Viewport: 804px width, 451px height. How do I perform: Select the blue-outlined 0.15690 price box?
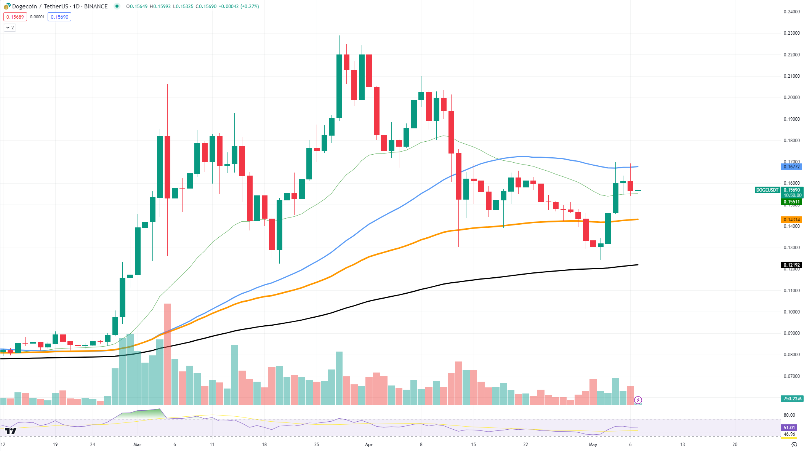tap(59, 17)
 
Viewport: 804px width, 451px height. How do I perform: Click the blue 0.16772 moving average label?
tap(791, 166)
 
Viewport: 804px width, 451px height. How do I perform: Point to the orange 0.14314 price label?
tap(791, 219)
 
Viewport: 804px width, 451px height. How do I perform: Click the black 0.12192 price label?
tap(791, 265)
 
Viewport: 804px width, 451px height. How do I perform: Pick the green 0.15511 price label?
tap(791, 202)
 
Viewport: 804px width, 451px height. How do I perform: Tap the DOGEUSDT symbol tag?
tap(767, 190)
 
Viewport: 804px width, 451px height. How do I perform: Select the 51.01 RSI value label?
tap(789, 427)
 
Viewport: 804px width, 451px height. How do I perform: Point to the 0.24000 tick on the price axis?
tap(791, 12)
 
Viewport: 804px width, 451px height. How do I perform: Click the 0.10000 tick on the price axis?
tap(791, 312)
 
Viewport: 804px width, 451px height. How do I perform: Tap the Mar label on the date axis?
tap(137, 444)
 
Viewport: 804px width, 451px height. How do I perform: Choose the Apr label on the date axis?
tap(368, 444)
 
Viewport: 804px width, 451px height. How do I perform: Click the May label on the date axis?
tap(593, 444)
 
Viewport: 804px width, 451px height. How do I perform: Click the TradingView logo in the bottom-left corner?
tap(11, 431)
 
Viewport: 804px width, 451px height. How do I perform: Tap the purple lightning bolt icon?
tap(638, 400)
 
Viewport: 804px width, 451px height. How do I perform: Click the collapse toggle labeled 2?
tap(10, 27)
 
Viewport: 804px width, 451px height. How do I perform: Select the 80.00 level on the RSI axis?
tap(789, 415)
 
